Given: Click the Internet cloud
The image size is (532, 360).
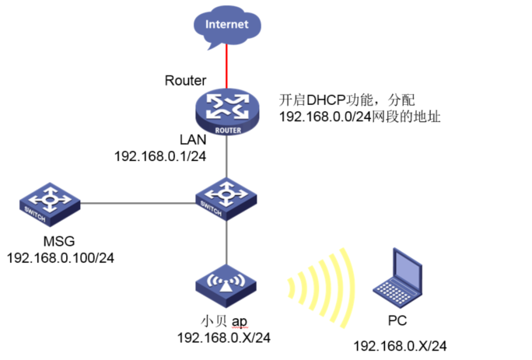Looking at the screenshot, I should [x=226, y=24].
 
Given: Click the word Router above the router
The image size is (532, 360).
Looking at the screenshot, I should [x=186, y=80].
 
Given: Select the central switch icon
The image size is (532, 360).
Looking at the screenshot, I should [x=226, y=198].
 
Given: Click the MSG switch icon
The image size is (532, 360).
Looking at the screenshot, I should [x=50, y=204].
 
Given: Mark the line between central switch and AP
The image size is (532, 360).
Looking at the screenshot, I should [x=226, y=243].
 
